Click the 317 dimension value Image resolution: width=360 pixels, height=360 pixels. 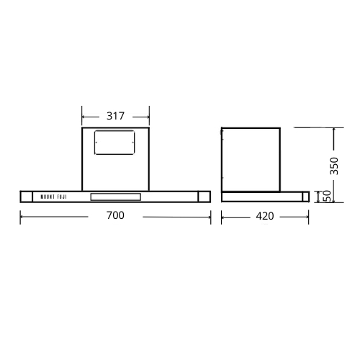[115, 116]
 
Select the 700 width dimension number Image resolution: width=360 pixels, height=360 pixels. [115, 215]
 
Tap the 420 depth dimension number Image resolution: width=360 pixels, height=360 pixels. [265, 216]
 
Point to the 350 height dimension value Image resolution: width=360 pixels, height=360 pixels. [334, 166]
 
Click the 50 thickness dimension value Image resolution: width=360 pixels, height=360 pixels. [327, 197]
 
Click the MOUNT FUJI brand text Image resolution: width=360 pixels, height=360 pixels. [53, 197]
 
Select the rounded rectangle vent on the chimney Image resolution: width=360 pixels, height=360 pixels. [114, 143]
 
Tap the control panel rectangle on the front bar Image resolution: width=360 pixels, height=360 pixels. [115, 197]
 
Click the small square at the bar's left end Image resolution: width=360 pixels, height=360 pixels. [26, 197]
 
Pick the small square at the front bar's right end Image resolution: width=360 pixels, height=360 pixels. [204, 197]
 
